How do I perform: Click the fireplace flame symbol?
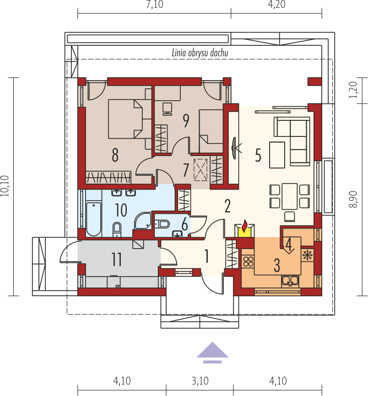tap(244, 226)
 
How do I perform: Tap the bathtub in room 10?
tap(93, 219)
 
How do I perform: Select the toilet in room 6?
tap(162, 224)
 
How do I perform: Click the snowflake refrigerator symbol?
tap(307, 255)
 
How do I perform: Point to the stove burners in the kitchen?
tap(248, 262)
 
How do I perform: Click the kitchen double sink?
tap(290, 281)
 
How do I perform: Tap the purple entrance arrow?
tap(212, 353)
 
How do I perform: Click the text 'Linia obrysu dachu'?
tap(200, 53)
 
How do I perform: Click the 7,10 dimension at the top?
tap(155, 4)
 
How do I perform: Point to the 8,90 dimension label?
tap(353, 199)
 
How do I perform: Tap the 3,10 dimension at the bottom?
tap(200, 381)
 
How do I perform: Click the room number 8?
tap(115, 155)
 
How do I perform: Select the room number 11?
tap(117, 259)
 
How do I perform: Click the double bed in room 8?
tap(125, 119)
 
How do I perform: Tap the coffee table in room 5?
tap(277, 155)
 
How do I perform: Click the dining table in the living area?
tap(289, 196)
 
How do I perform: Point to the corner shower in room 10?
tap(143, 221)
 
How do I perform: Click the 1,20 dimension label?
tap(353, 90)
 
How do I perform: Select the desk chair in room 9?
tap(167, 109)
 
